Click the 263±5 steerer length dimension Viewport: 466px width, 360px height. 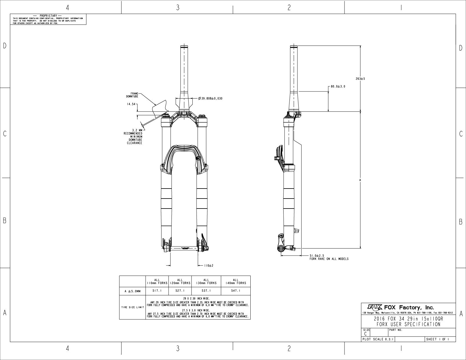(360, 79)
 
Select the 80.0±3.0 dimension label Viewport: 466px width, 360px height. (338, 86)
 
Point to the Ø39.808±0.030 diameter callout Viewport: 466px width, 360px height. (210, 98)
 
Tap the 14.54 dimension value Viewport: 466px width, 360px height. (131, 104)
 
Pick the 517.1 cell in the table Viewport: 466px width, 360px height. (157, 291)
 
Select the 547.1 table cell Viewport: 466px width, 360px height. (235, 291)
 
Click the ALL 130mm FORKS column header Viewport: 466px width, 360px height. (206, 281)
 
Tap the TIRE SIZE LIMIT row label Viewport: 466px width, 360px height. (132, 308)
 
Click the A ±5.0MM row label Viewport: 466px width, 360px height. (132, 291)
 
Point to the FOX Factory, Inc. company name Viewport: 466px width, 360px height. (409, 308)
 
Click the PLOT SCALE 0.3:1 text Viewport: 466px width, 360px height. (377, 339)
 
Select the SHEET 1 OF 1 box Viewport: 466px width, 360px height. (440, 339)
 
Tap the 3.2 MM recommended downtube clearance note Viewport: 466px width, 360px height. (133, 136)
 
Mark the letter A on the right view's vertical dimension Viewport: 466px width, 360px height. (360, 180)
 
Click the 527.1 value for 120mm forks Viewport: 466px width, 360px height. (180, 291)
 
